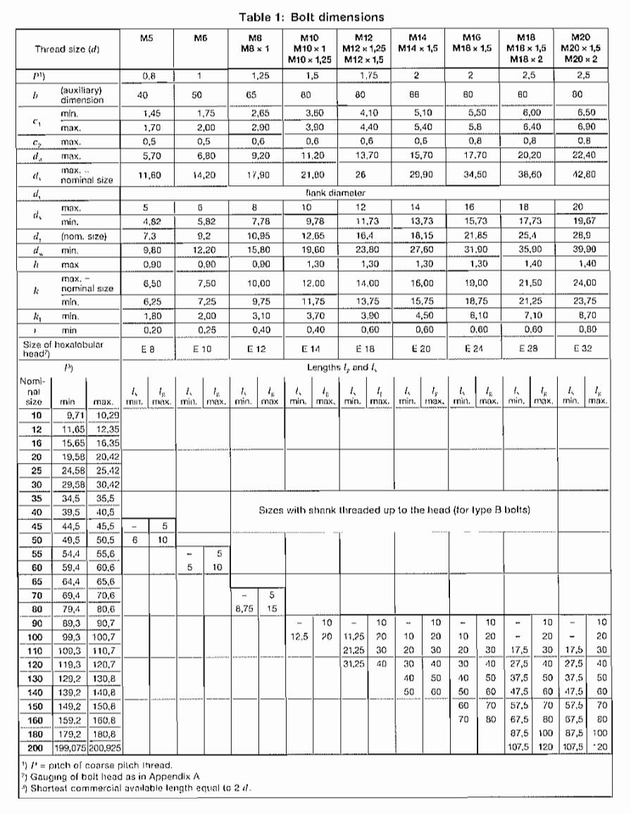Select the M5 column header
coord(147,36)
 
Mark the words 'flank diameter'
coord(365,193)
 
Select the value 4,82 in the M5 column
coord(147,220)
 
